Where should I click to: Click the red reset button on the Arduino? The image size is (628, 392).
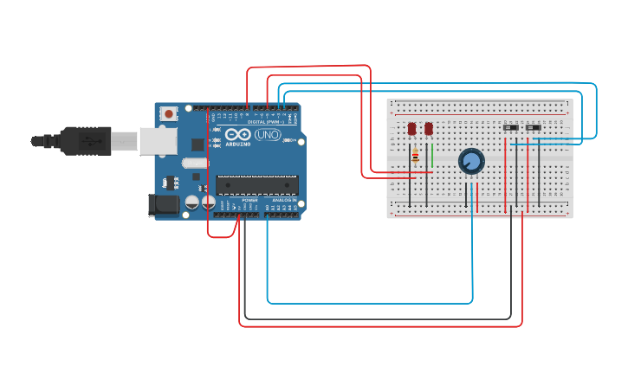[x=169, y=112]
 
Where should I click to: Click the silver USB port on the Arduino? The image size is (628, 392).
[x=157, y=141]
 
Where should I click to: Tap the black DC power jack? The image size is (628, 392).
[x=164, y=205]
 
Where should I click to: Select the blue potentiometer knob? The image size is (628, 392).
[x=471, y=161]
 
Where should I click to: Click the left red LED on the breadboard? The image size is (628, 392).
[x=412, y=129]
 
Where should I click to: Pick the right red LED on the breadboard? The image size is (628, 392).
[x=428, y=129]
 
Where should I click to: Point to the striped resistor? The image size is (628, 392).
[x=415, y=157]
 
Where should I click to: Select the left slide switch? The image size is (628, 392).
[x=511, y=127]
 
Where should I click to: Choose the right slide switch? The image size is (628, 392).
[x=534, y=127]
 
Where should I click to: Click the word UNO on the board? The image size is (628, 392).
[x=266, y=135]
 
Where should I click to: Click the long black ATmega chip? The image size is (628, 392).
[x=257, y=184]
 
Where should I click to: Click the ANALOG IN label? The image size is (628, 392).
[x=282, y=200]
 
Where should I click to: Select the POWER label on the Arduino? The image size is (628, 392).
[x=249, y=200]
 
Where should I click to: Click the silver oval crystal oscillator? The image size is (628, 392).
[x=196, y=163]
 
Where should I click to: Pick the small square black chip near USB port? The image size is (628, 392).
[x=198, y=145]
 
